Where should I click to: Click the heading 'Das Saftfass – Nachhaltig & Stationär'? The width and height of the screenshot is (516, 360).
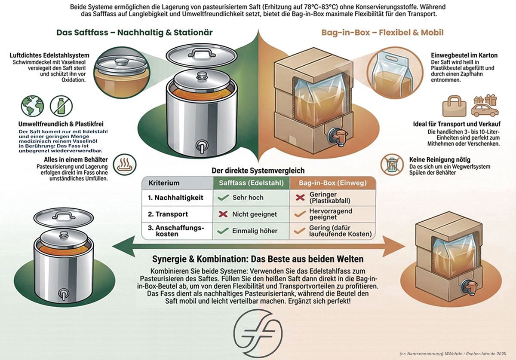135,33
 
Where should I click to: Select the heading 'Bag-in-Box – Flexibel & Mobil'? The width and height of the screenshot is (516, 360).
382,33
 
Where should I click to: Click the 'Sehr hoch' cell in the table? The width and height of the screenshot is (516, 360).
248,198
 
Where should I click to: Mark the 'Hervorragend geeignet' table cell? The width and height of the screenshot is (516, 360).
330,214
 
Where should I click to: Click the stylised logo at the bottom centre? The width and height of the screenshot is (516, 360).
258,333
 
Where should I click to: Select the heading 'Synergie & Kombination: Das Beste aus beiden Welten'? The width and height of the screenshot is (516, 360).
258,259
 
